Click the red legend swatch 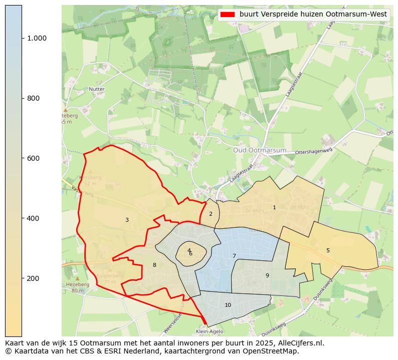tap(228, 15)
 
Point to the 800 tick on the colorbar tap(33, 98)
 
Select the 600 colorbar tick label tap(33, 158)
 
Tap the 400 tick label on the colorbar tap(33, 218)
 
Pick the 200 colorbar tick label tap(33, 278)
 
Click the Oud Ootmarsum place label tap(260, 150)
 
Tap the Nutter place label tap(96, 89)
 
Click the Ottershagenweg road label tap(314, 151)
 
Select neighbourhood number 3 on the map tap(127, 220)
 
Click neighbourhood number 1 tap(274, 207)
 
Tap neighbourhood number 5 tap(328, 250)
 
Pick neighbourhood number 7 tap(234, 256)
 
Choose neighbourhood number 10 tap(228, 305)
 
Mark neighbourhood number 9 tap(267, 275)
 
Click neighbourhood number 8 tap(154, 265)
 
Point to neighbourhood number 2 tap(211, 214)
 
